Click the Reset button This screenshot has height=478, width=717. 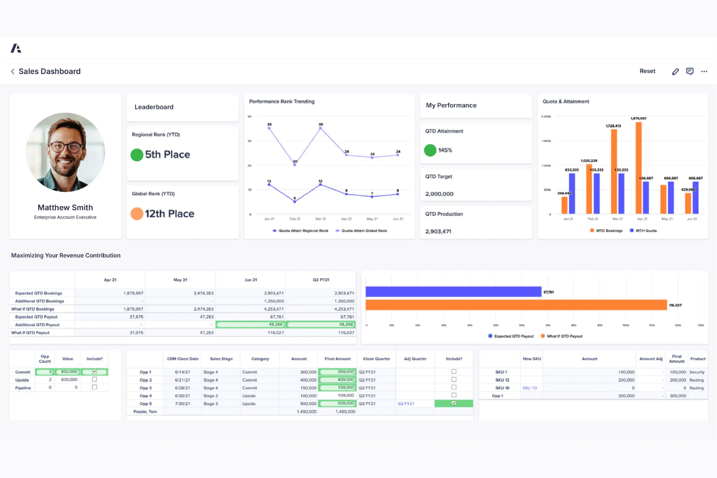(647, 71)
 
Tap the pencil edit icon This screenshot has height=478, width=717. (675, 72)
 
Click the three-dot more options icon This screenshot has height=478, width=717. (704, 72)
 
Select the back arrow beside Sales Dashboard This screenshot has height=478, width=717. (13, 72)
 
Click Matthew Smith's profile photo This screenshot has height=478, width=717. (65, 152)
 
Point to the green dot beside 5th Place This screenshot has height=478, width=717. (137, 155)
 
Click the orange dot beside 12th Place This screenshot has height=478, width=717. (137, 214)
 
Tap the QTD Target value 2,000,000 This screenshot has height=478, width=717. (439, 194)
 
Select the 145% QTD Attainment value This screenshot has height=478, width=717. (445, 151)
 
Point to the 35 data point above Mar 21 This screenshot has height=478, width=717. (321, 128)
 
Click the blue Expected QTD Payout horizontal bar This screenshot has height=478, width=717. (453, 292)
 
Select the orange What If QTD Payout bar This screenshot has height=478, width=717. (516, 305)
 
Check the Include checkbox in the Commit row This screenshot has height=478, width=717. (94, 371)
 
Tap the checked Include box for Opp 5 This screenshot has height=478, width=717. (453, 403)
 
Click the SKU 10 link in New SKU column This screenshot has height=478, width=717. (530, 388)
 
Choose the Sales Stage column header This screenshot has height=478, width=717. (221, 359)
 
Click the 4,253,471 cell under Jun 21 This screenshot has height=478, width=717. (274, 309)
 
